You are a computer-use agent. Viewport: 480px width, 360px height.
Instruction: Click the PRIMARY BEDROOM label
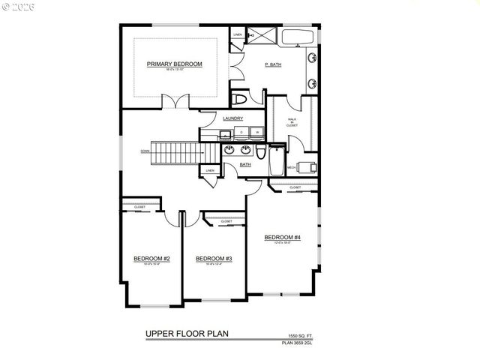175,64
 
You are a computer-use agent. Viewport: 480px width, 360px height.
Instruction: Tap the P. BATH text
272,64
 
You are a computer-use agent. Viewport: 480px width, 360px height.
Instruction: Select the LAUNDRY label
233,118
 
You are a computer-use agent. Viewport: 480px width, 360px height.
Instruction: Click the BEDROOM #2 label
151,259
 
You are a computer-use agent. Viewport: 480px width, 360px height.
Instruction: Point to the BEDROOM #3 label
214,259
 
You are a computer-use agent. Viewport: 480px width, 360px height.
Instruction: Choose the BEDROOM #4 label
282,238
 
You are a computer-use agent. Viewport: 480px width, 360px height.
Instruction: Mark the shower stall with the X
251,35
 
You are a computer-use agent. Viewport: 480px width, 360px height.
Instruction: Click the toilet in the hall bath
259,152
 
